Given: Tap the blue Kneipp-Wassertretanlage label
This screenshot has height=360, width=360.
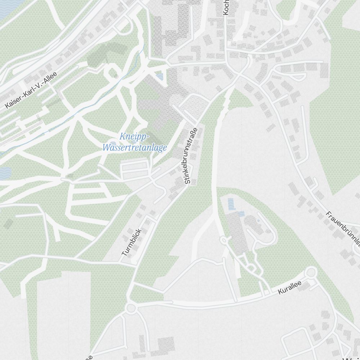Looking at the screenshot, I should (x=135, y=143).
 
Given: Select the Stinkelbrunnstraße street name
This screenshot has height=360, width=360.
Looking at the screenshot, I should (x=191, y=156).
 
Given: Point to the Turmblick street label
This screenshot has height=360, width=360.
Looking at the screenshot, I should (x=132, y=242).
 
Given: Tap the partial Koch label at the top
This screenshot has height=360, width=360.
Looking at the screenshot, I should (x=226, y=7).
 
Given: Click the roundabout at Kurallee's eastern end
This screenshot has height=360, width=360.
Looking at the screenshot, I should (x=310, y=273).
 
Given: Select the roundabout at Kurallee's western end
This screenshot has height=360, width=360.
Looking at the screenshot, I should (x=131, y=308).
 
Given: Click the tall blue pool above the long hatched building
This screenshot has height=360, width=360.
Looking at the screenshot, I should (x=231, y=204).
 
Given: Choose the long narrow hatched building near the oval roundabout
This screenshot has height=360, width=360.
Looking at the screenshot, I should (x=237, y=232).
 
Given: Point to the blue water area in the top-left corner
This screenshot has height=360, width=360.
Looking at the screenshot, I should (x=7, y=9).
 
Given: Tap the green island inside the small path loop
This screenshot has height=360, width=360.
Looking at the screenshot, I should (x=113, y=73).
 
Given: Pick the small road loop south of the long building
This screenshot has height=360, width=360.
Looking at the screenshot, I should (x=250, y=267).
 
